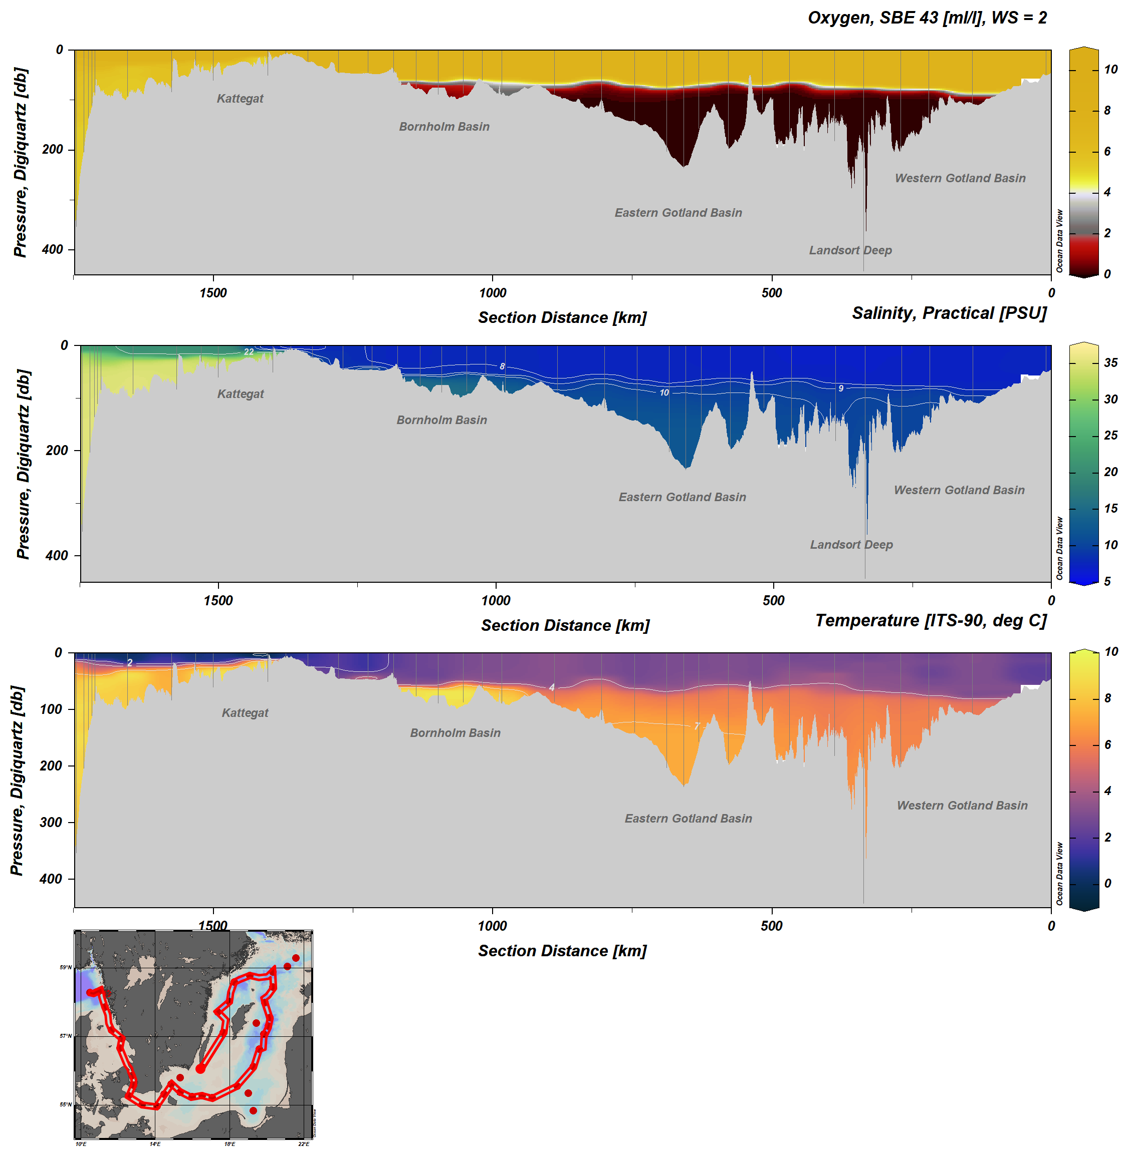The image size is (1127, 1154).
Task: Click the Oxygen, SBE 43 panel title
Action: point(927,18)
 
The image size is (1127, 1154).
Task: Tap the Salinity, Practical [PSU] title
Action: point(949,313)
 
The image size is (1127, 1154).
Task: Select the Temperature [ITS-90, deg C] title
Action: point(931,620)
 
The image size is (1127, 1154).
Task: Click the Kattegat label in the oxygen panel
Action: point(240,98)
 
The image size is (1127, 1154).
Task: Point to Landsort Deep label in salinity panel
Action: point(851,544)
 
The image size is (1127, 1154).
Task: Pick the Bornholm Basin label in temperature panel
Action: point(455,732)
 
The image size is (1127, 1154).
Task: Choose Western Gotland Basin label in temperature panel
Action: point(962,805)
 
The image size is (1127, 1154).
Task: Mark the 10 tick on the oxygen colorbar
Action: point(1110,70)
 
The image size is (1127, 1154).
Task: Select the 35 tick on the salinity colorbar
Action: point(1110,362)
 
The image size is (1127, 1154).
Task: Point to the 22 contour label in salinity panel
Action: point(249,352)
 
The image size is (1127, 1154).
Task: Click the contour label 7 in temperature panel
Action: point(697,726)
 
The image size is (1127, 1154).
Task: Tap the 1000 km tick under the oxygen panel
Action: point(493,293)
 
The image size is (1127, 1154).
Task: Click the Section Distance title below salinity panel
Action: point(565,625)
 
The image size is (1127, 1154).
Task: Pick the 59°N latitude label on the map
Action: point(65,968)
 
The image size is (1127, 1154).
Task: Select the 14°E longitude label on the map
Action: point(154,1144)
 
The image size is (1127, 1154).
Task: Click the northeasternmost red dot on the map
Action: point(295,958)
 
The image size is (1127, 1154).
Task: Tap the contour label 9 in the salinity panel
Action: point(840,388)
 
